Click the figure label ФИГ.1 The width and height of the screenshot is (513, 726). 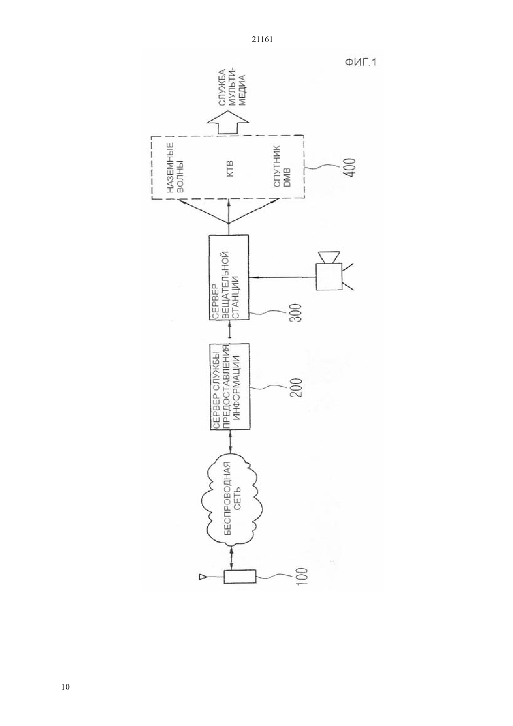coord(360,62)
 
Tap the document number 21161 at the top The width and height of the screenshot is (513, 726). coord(262,40)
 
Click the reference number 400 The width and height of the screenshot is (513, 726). coord(350,168)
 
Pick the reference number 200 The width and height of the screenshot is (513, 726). coord(297,388)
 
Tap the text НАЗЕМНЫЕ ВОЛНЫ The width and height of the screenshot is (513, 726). coord(176,168)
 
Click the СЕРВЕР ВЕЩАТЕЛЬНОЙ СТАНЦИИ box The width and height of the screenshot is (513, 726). coord(229,278)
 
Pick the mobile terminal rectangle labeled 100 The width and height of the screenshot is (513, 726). coord(240,576)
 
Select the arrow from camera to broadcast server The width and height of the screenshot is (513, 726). coord(282,277)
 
